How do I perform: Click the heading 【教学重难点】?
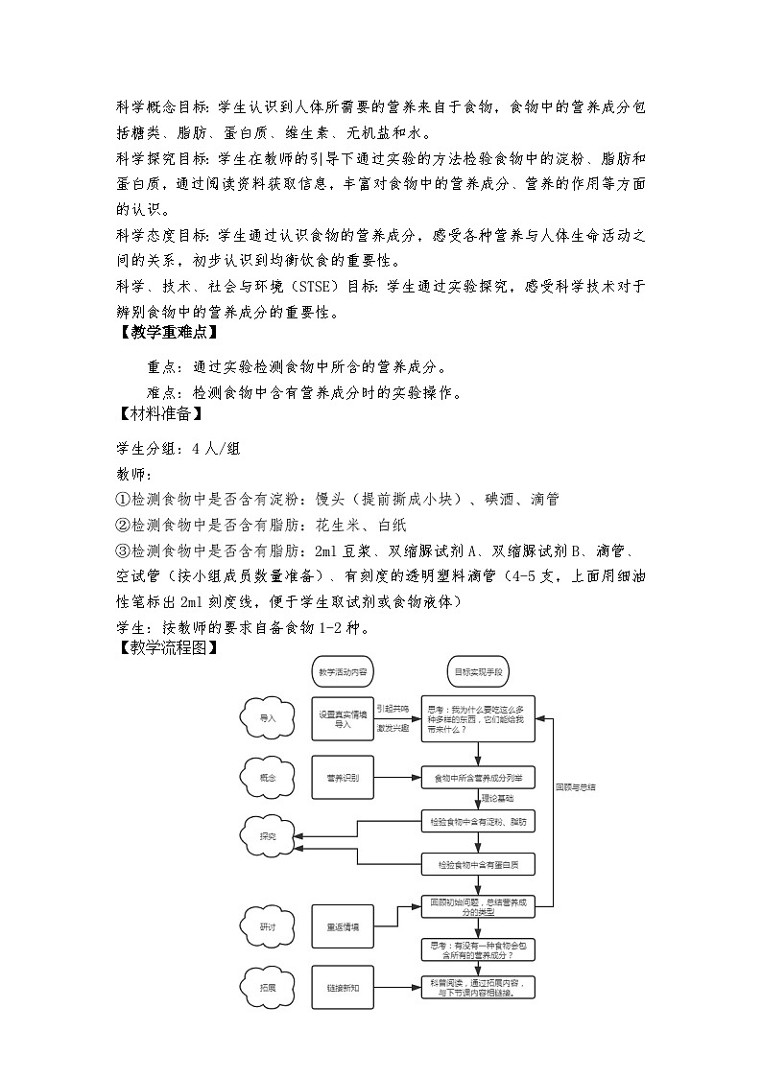click(x=165, y=334)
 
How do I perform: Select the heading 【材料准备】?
click(x=157, y=414)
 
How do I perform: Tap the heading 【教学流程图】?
click(x=165, y=648)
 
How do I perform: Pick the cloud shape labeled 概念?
click(x=268, y=777)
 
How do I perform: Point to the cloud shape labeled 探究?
click(x=268, y=836)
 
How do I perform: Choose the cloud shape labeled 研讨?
click(x=268, y=927)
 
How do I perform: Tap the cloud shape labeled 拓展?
click(x=268, y=987)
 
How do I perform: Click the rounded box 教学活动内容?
click(x=343, y=673)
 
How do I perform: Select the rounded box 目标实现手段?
click(x=478, y=673)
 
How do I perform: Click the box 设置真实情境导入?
click(x=343, y=719)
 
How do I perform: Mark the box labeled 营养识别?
click(x=343, y=777)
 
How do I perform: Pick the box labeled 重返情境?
click(x=343, y=927)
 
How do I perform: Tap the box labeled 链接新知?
click(x=343, y=987)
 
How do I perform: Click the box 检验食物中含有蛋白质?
click(x=478, y=865)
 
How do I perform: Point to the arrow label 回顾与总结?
click(x=576, y=787)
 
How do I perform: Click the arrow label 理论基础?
click(x=497, y=798)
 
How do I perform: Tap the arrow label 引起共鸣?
click(x=393, y=709)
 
